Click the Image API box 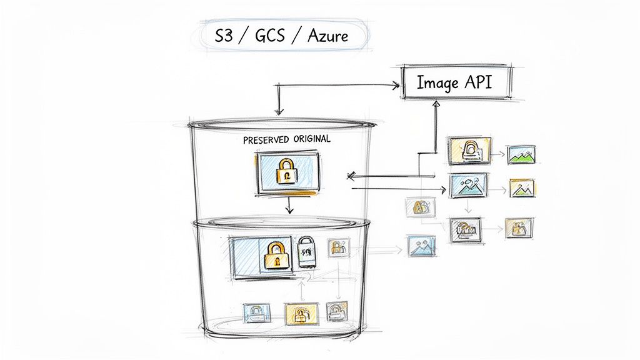tap(455, 82)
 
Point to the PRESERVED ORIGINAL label tap(287, 140)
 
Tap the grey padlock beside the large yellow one tap(306, 252)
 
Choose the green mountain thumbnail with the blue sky tap(523, 154)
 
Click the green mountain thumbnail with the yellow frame tap(522, 188)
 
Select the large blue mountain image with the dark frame tap(467, 186)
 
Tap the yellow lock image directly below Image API tap(468, 151)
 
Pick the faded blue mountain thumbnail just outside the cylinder tap(421, 245)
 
